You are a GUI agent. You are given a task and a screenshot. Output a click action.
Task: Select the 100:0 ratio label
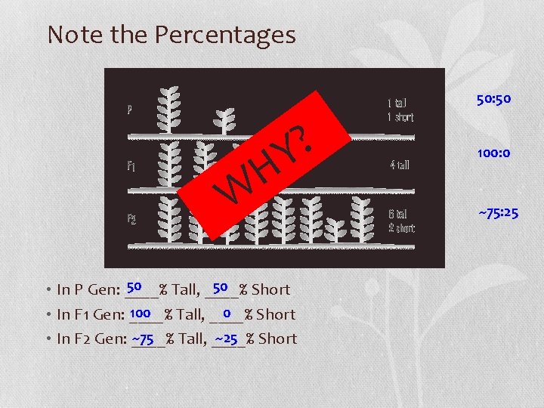point(493,153)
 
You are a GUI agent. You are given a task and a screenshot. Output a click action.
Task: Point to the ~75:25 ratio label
point(498,214)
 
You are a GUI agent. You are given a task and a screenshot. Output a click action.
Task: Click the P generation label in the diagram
point(131,110)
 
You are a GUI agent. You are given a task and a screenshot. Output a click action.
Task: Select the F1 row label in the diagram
point(131,164)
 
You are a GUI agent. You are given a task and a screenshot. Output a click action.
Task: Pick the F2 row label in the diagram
point(132,219)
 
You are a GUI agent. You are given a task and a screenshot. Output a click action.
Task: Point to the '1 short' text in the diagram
point(400,117)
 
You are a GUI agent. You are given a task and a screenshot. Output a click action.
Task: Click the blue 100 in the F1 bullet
point(140,313)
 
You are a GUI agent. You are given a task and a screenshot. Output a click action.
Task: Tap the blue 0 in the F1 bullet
point(227,313)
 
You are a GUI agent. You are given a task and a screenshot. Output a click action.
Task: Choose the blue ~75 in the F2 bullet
point(144,338)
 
